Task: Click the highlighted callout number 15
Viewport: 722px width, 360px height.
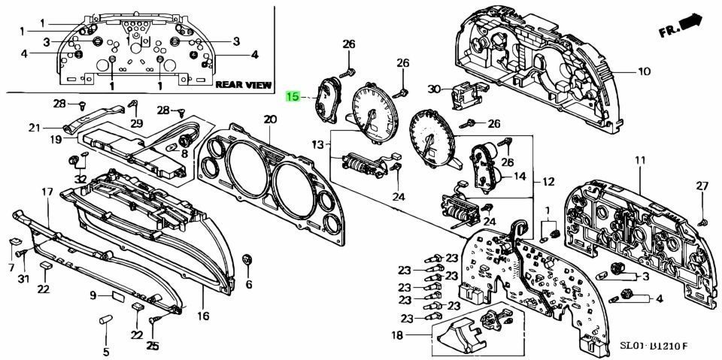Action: (x=293, y=97)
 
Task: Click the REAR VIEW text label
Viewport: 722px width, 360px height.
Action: (x=243, y=85)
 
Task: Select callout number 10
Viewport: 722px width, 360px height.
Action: (x=644, y=72)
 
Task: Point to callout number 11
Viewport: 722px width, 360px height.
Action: (x=640, y=161)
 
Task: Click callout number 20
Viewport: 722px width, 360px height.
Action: (x=270, y=119)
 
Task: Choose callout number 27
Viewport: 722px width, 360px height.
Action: (x=702, y=186)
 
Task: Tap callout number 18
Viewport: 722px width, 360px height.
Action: (x=396, y=334)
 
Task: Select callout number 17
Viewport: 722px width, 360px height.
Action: (x=47, y=192)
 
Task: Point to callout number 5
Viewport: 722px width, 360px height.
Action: (x=106, y=351)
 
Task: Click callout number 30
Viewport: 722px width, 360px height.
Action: (x=433, y=89)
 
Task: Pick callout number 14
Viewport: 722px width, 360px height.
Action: (x=519, y=177)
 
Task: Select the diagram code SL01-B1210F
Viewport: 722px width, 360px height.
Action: (x=654, y=346)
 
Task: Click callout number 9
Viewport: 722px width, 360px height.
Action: (x=94, y=295)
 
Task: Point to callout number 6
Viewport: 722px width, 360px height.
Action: (x=248, y=284)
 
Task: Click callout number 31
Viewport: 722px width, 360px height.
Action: (x=23, y=280)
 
